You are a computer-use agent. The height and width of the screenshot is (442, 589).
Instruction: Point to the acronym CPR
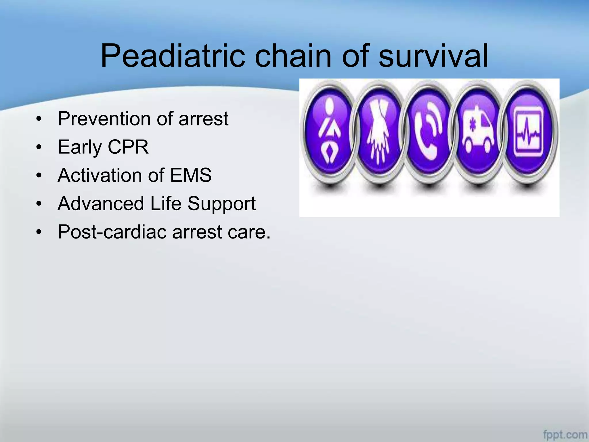128,147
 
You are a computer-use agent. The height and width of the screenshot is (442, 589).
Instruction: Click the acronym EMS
191,175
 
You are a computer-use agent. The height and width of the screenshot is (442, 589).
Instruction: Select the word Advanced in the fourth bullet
101,204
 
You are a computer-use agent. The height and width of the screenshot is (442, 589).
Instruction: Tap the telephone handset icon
429,132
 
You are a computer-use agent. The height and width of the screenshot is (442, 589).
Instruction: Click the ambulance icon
478,132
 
